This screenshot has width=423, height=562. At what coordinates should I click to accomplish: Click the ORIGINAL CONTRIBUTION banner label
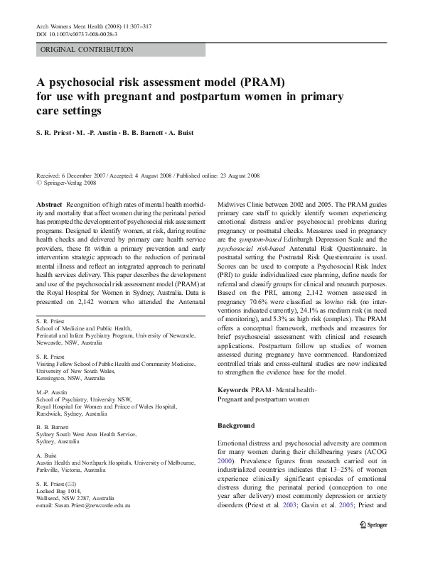pyautogui.click(x=87, y=50)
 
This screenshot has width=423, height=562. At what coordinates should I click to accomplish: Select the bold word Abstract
pyautogui.click(x=48, y=204)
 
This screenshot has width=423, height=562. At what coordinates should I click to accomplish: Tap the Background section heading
pyautogui.click(x=235, y=426)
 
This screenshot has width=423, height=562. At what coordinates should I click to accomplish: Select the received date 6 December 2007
pyautogui.click(x=87, y=175)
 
